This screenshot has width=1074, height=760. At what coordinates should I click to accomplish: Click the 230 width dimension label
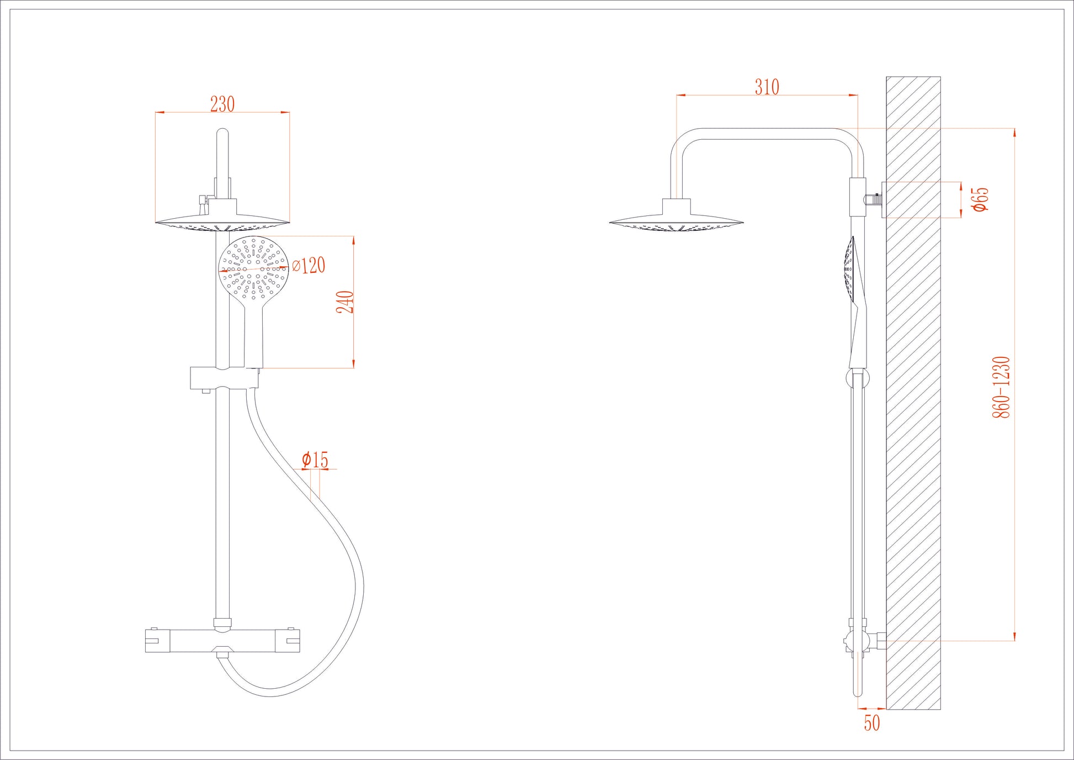click(x=222, y=104)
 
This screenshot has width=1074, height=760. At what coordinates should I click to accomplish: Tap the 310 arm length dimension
click(x=767, y=87)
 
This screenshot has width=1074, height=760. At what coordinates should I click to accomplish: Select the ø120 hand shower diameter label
click(x=309, y=266)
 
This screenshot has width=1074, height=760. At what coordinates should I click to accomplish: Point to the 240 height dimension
click(x=345, y=302)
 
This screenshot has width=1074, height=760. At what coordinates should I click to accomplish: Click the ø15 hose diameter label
click(x=315, y=460)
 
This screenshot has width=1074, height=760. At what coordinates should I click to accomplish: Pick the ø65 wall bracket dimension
click(x=980, y=199)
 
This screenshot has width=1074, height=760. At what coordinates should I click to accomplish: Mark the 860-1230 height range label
click(x=1001, y=387)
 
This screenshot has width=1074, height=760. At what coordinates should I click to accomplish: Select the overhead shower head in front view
click(x=222, y=222)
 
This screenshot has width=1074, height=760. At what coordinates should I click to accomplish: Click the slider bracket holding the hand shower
click(x=224, y=378)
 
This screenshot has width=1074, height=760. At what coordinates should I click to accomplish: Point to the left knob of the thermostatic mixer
click(x=158, y=641)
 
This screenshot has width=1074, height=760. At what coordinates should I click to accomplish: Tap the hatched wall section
click(x=913, y=392)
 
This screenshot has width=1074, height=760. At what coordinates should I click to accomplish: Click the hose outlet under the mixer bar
click(x=222, y=656)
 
